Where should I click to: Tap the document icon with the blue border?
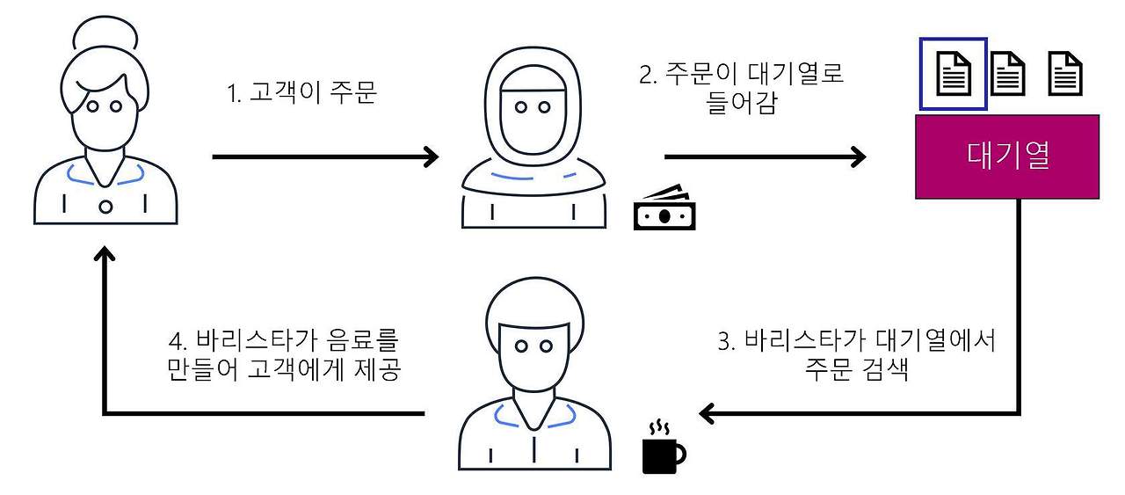click(x=953, y=74)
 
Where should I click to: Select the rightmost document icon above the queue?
click(x=1065, y=74)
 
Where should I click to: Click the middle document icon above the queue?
click(x=1008, y=74)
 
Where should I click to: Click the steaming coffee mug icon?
click(x=662, y=448)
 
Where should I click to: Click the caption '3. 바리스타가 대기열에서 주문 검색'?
click(x=856, y=354)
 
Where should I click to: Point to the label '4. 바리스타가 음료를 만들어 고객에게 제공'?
click(x=283, y=354)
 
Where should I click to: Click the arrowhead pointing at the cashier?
click(x=430, y=157)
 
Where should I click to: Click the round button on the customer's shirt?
click(x=105, y=207)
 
